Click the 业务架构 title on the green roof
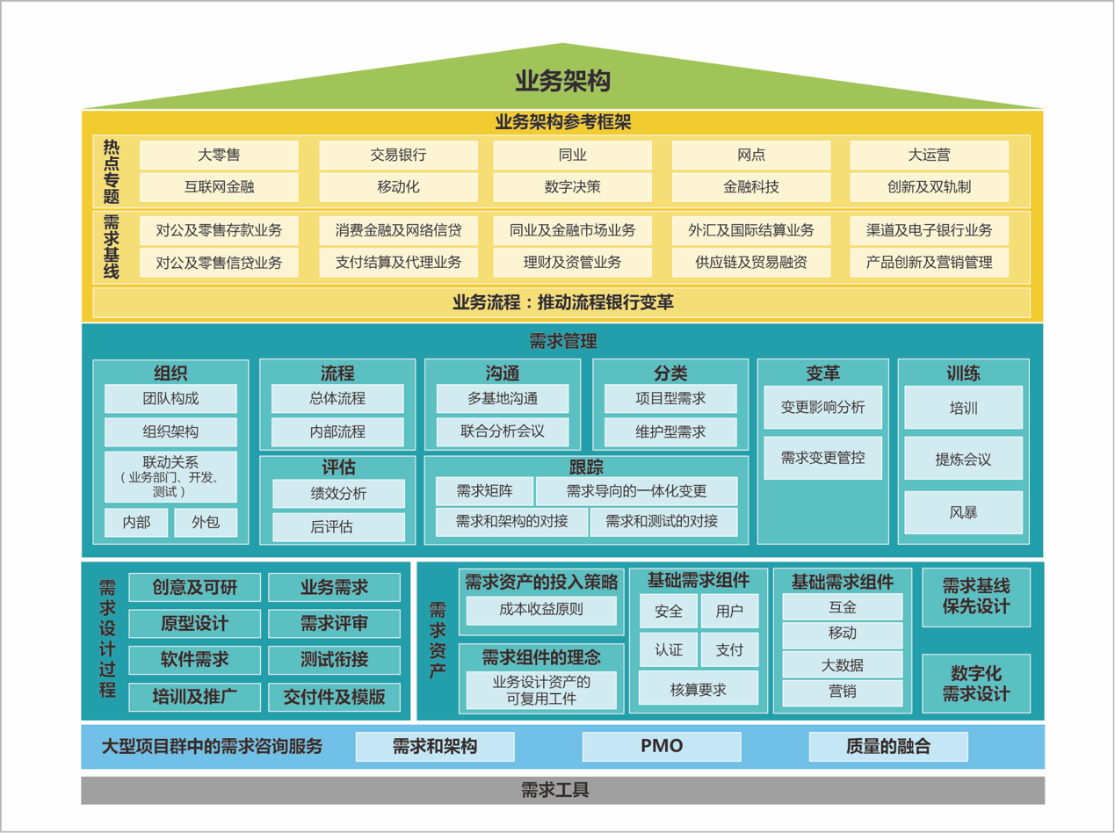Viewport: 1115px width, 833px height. (x=562, y=82)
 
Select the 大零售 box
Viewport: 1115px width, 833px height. (x=219, y=156)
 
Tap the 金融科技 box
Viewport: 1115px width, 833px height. (x=750, y=187)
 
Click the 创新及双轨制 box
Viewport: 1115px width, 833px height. (x=929, y=187)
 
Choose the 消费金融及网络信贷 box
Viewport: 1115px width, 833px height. (x=398, y=231)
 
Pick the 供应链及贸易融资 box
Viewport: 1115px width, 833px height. (x=750, y=262)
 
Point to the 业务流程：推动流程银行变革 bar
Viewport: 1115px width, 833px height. (x=562, y=303)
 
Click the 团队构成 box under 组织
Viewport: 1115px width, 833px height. (x=170, y=399)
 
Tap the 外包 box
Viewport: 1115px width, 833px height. (x=205, y=522)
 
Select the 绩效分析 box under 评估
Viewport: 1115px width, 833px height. (x=338, y=494)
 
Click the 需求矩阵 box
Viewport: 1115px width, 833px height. (x=484, y=491)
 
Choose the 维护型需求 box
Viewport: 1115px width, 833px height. (x=670, y=432)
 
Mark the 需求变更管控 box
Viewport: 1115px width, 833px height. (x=822, y=458)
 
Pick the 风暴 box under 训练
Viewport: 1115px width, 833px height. (x=963, y=512)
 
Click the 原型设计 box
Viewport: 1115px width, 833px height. (x=194, y=624)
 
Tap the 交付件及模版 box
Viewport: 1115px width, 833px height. (x=334, y=698)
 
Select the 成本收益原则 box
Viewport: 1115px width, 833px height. (x=540, y=609)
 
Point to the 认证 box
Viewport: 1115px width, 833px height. (x=669, y=650)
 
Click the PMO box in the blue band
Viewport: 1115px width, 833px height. (x=662, y=747)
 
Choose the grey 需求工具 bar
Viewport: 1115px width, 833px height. (x=562, y=790)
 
